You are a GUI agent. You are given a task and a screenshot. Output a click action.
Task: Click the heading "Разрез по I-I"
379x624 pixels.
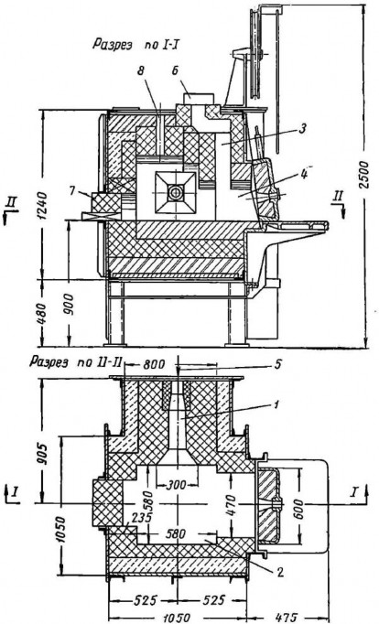(135, 45)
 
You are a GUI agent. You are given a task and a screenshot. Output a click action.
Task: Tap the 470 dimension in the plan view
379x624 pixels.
(232, 505)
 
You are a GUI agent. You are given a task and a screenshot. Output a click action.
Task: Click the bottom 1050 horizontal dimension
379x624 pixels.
(178, 618)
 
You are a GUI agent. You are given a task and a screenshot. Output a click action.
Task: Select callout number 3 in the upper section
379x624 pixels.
(302, 128)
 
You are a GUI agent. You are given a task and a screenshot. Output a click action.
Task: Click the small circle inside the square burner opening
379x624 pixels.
(175, 193)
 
